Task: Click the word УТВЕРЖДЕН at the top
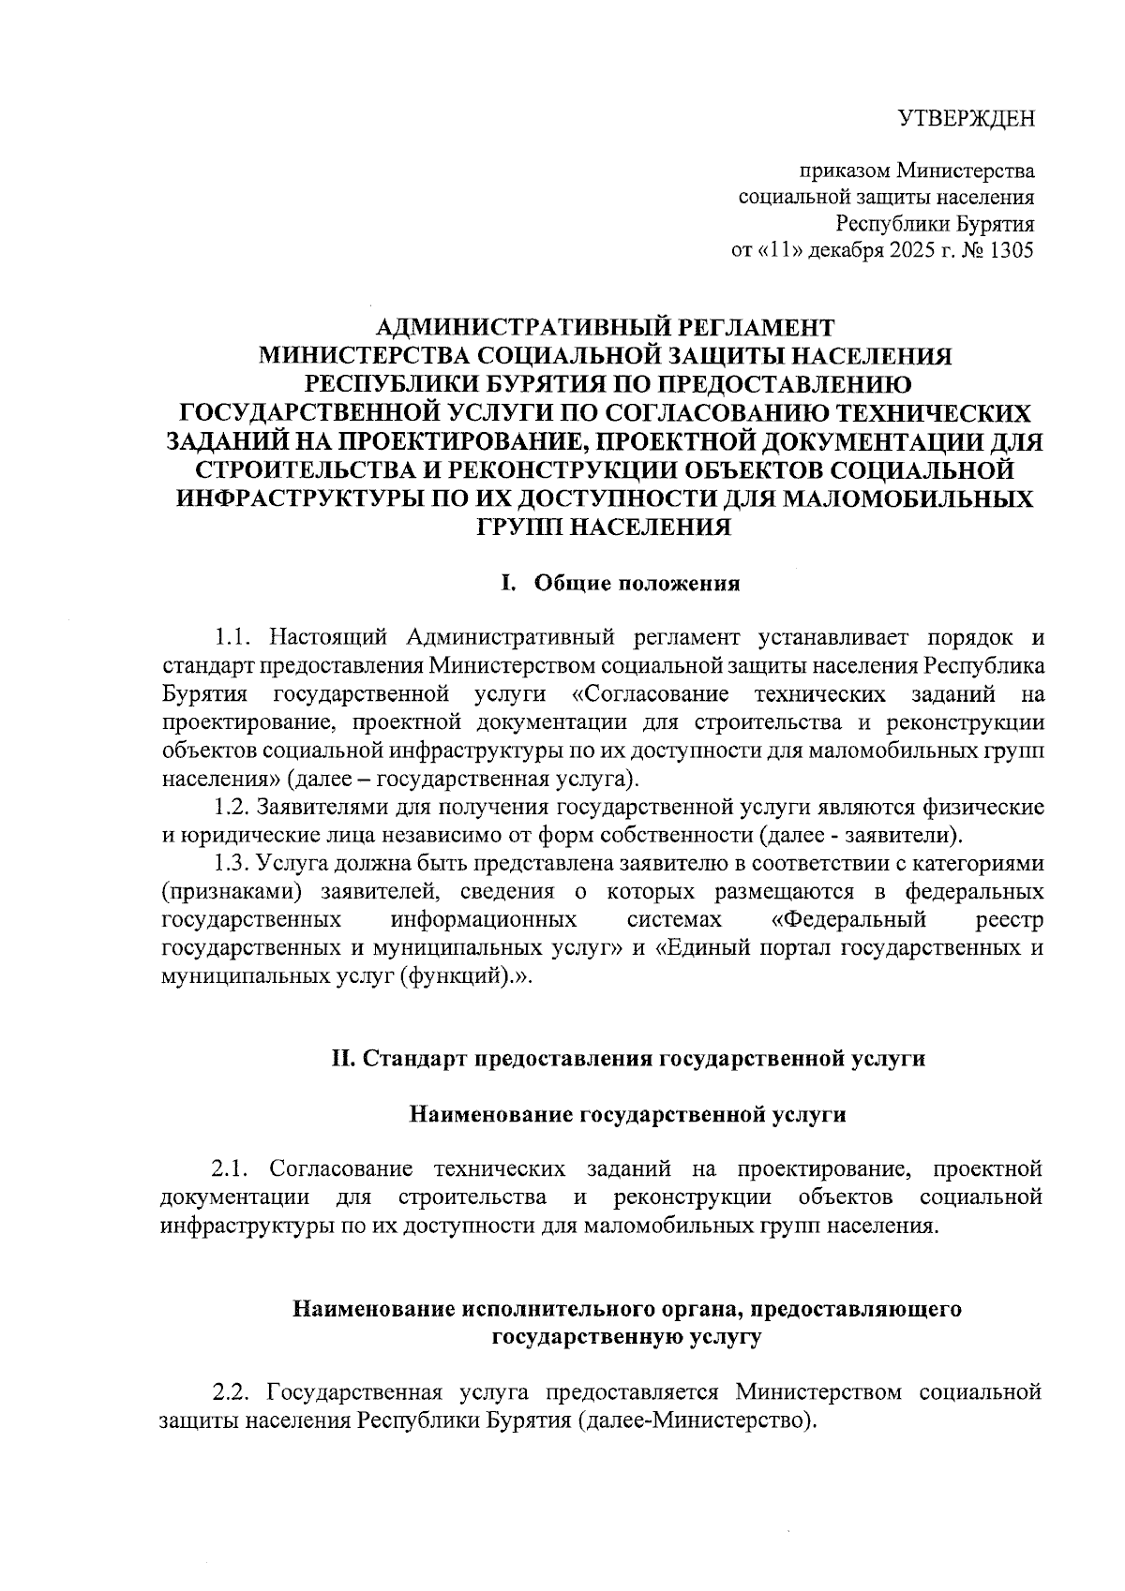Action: (967, 119)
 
